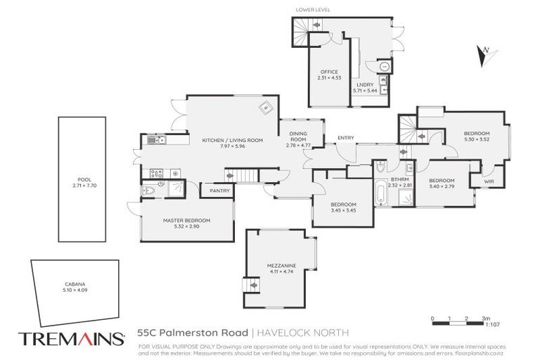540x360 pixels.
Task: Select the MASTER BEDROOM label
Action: coord(186,220)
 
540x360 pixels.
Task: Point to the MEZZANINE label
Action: coord(281,265)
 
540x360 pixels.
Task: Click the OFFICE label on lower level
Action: coord(328,72)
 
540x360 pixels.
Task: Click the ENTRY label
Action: coord(345,138)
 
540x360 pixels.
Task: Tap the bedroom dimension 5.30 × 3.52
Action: coord(476,139)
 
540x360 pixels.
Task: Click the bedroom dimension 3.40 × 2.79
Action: coord(442,186)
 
